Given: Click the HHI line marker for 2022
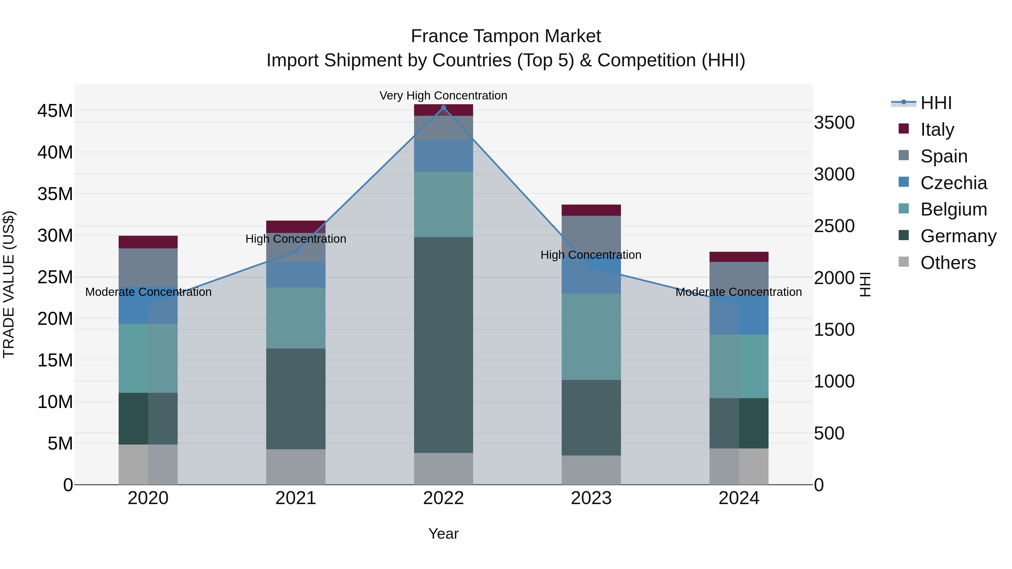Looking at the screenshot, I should tap(444, 108).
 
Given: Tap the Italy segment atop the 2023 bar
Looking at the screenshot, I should tap(591, 210).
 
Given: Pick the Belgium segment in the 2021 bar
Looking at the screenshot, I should tap(296, 318).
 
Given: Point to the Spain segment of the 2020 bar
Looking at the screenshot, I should tap(148, 267).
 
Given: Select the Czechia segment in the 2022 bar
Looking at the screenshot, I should tap(444, 156).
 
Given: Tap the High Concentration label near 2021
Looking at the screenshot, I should tap(296, 239).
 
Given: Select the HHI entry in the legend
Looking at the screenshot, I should tap(936, 103).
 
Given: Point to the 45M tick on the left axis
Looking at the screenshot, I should tap(55, 111).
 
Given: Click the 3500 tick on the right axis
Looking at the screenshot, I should tap(834, 123).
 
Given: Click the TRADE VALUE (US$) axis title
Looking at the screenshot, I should tap(9, 284).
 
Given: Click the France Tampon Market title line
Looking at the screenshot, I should tap(506, 36).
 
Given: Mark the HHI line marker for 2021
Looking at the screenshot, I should tap(296, 251).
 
